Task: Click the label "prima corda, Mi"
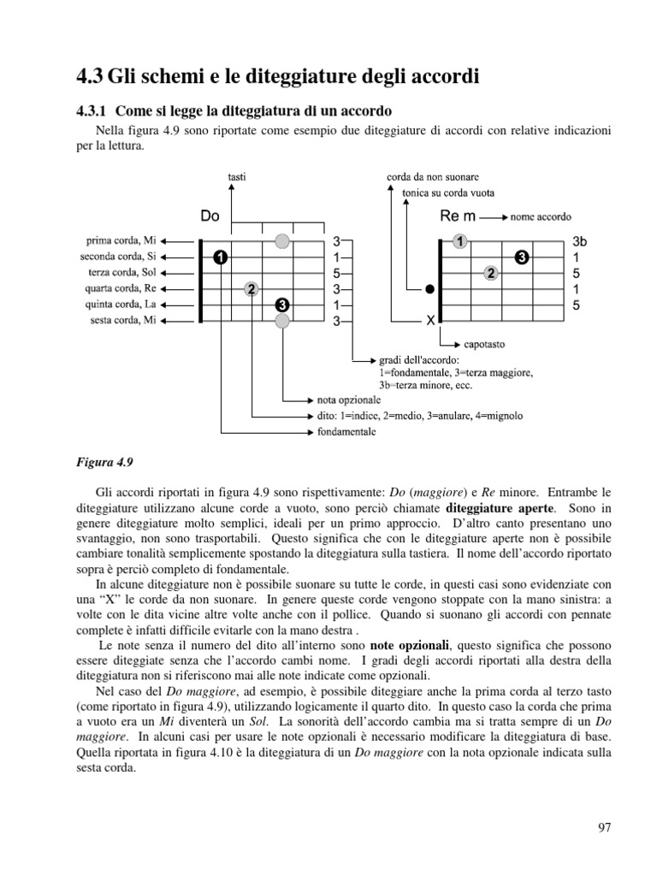coord(121,240)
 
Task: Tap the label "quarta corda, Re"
coord(121,288)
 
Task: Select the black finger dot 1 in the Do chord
coord(221,257)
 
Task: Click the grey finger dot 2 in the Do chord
coord(251,288)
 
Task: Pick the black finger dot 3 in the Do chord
coord(282,305)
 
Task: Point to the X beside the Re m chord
coord(430,321)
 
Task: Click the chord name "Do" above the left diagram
coord(210,216)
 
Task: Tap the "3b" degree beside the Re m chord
coord(580,241)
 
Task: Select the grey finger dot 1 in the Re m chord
coord(460,241)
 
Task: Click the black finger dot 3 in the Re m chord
coord(522,257)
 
